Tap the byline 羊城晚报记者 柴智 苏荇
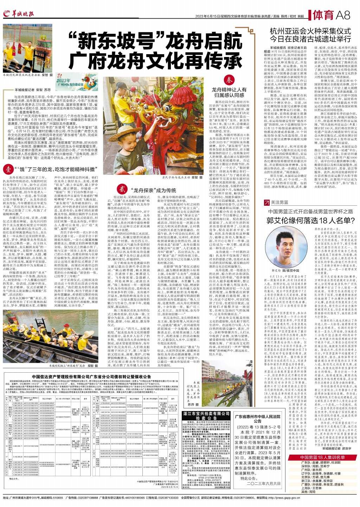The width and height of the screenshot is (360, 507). pyautogui.click(x=33, y=90)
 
